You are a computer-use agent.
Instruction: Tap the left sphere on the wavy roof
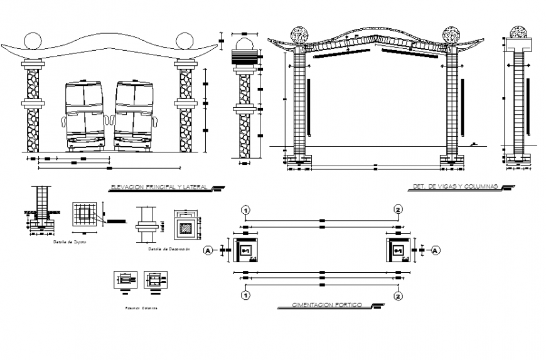pyautogui.click(x=33, y=41)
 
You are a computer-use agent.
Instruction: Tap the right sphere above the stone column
pyautogui.click(x=185, y=41)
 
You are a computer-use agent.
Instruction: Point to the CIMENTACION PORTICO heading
pyautogui.click(x=326, y=305)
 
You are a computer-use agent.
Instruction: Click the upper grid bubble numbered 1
pyautogui.click(x=247, y=209)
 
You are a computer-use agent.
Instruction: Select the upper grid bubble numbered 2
pyautogui.click(x=397, y=209)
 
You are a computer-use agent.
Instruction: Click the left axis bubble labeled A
pyautogui.click(x=208, y=250)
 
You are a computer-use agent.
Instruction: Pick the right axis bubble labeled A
pyautogui.click(x=437, y=250)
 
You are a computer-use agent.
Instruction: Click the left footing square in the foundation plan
pyautogui.click(x=245, y=250)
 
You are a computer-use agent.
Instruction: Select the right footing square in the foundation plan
pyautogui.click(x=398, y=250)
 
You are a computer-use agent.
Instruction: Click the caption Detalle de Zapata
pyautogui.click(x=70, y=241)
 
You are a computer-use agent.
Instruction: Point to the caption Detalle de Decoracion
pyautogui.click(x=168, y=249)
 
